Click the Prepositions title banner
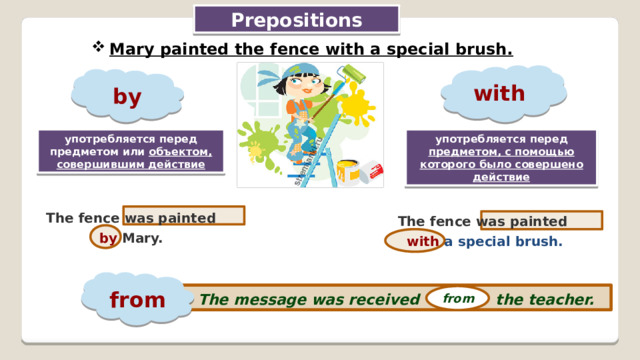tap(296, 20)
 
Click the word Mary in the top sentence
tap(133, 49)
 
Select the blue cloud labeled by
tap(127, 97)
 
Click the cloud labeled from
tap(137, 299)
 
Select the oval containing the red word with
tap(414, 241)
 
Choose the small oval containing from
tap(457, 298)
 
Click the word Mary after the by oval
tap(142, 239)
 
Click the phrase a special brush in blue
tap(504, 241)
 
